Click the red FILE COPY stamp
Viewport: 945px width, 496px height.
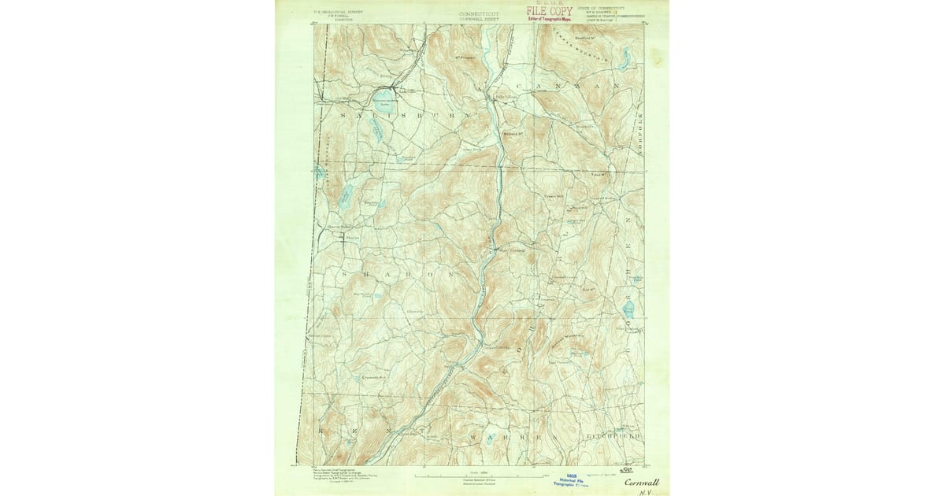(x=550, y=12)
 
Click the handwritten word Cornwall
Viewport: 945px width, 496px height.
(x=642, y=482)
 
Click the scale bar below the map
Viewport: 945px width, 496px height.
(x=472, y=475)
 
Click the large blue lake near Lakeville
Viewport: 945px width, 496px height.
(x=382, y=98)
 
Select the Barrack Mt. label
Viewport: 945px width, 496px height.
(x=514, y=131)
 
